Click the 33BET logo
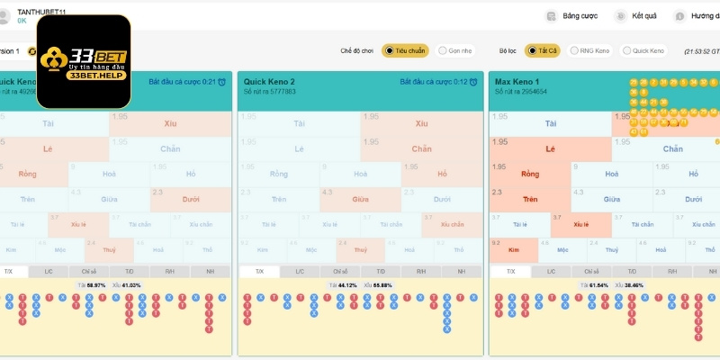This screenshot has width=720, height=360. tap(83, 58)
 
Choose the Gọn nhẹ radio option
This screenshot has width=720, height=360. tap(455, 50)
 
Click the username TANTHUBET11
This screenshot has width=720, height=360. tap(43, 8)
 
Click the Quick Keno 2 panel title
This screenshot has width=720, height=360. tap(269, 81)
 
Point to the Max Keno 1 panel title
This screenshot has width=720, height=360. tap(518, 81)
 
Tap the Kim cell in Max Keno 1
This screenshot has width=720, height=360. tap(515, 248)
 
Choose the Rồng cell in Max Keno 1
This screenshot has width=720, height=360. tap(530, 174)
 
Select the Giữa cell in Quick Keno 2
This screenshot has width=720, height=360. tap(360, 199)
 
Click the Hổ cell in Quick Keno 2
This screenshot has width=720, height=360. tap(441, 174)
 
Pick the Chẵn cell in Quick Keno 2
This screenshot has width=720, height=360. tap(421, 148)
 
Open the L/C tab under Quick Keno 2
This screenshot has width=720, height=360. tap(300, 271)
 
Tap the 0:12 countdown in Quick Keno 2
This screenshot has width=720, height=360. tap(461, 82)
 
